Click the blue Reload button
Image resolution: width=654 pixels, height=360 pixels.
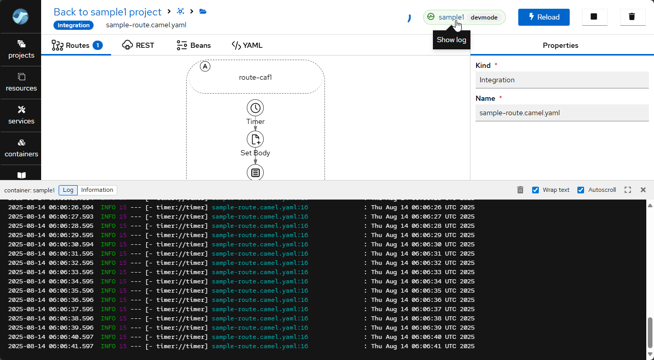coord(543,17)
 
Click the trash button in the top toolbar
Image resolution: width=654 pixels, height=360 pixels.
coord(632,17)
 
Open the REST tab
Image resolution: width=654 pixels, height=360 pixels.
coord(138,45)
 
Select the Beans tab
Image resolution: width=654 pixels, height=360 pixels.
coord(193,45)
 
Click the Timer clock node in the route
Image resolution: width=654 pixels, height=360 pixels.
coord(255,108)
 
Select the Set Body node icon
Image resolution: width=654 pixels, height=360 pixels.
coord(255,139)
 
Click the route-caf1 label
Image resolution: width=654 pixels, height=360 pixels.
coord(255,78)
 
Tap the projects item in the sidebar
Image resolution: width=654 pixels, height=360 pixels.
coord(21,49)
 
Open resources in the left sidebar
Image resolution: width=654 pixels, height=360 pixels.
coord(21,82)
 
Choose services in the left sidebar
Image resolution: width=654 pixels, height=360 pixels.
coord(21,115)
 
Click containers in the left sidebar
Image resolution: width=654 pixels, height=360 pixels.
coord(21,148)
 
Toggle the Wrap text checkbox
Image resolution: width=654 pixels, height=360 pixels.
coord(535,190)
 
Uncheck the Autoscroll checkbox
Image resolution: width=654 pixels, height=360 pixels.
coord(581,190)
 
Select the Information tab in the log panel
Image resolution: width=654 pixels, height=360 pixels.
coord(97,190)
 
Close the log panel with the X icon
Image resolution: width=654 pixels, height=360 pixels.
coord(643,190)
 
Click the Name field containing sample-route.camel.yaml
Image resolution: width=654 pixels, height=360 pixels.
coord(562,113)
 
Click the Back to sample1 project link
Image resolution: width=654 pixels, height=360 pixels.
coord(107,12)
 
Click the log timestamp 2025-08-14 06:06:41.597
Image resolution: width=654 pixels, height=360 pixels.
coord(51,346)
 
